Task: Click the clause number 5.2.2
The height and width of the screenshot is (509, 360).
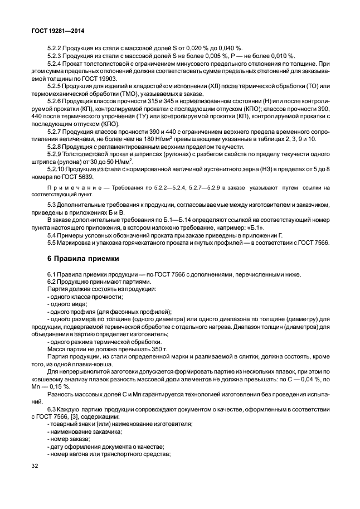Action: coord(56,47)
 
